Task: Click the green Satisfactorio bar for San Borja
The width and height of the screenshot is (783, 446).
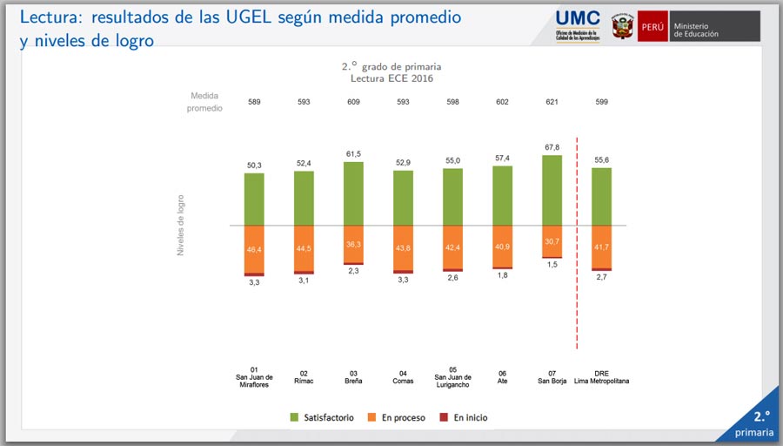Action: (x=552, y=190)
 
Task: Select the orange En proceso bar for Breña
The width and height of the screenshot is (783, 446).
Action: (x=353, y=244)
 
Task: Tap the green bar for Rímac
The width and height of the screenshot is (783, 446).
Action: (x=304, y=198)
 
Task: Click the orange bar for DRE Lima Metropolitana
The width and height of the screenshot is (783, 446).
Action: (x=601, y=247)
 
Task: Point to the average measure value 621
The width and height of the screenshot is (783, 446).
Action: (x=552, y=102)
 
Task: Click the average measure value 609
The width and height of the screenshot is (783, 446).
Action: (x=353, y=102)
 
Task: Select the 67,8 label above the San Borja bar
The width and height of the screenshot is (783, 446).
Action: (x=552, y=147)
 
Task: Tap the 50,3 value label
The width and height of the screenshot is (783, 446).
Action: (x=254, y=165)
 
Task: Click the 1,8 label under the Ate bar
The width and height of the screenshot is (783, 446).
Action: (x=502, y=276)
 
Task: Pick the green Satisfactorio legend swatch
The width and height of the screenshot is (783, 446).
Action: (x=295, y=418)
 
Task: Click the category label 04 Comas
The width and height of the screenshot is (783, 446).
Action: (x=403, y=375)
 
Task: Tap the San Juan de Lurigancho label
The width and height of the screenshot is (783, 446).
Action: (x=452, y=375)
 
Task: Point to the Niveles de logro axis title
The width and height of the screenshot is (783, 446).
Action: (x=181, y=225)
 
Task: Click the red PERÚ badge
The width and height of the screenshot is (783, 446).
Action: (x=652, y=26)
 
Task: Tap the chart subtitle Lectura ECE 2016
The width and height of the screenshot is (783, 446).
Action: (x=391, y=78)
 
